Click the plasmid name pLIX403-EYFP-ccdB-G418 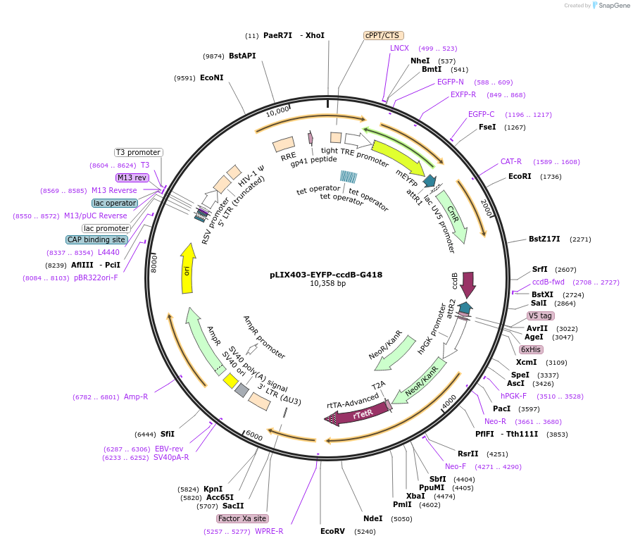326,275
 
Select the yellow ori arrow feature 188,268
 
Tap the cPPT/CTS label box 382,35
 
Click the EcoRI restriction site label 520,177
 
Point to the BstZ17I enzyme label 544,239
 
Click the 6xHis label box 531,349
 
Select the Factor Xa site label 242,518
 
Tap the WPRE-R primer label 269,531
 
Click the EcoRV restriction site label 332,531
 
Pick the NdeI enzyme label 372,518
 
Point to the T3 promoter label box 139,152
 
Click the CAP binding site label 96,240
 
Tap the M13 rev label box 132,177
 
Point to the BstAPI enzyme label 242,56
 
